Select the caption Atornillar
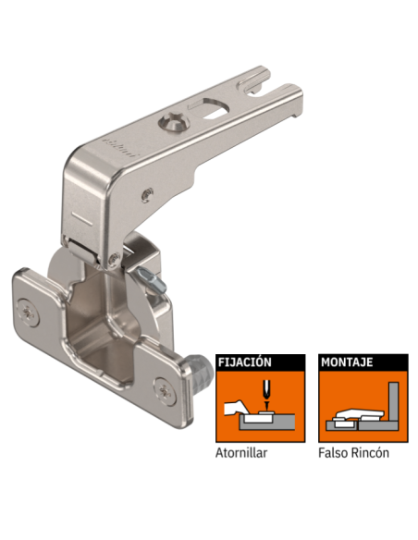pos(244,453)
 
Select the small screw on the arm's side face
pos(147,191)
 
